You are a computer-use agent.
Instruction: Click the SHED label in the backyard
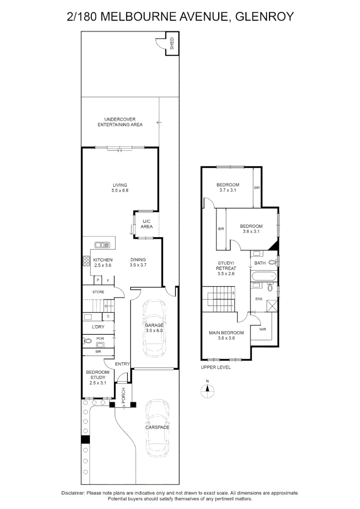point(172,43)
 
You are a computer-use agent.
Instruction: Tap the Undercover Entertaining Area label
point(120,122)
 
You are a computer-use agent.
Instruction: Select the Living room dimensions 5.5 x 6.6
point(120,190)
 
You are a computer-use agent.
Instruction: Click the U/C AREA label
point(147,224)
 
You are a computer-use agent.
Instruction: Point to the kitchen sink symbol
point(102,245)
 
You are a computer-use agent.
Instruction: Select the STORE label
point(98,292)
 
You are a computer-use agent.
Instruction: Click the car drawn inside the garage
point(154,328)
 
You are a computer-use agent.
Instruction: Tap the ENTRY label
point(122,363)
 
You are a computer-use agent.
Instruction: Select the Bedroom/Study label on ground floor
point(98,377)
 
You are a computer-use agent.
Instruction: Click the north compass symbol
point(207,391)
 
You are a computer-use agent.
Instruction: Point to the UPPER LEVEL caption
point(215,367)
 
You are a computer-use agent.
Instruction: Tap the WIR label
point(262,329)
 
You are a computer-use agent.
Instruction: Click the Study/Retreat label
point(226,268)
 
